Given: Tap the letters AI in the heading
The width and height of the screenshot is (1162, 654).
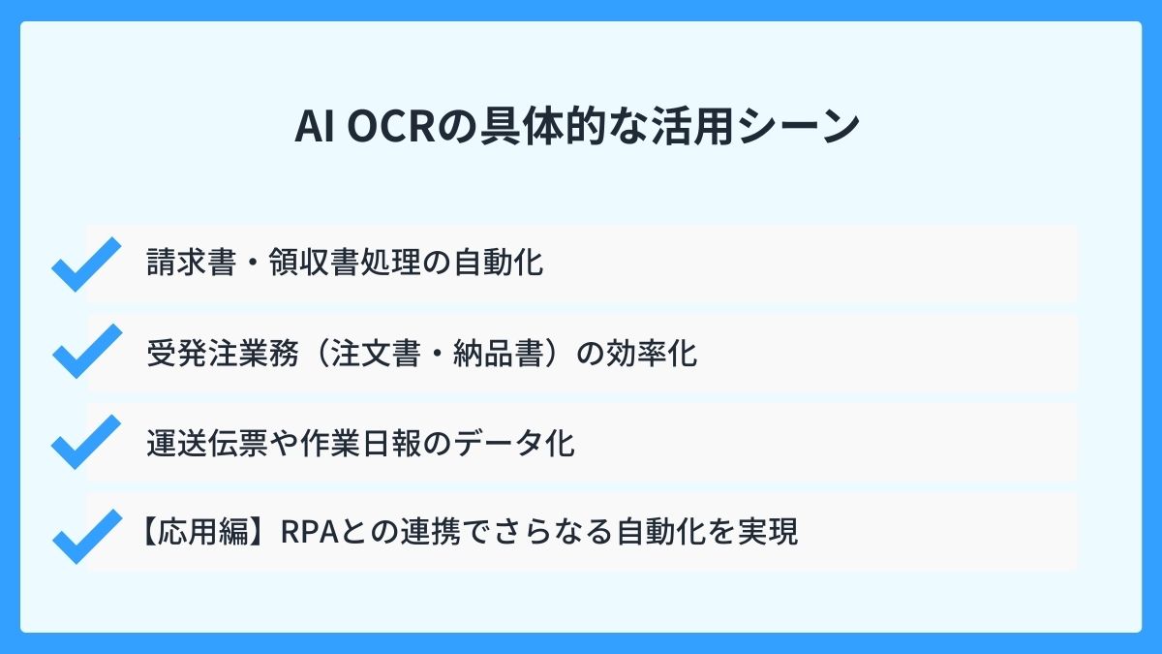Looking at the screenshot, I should pyautogui.click(x=313, y=128).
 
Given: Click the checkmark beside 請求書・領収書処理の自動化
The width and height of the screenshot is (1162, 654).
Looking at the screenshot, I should pyautogui.click(x=85, y=264).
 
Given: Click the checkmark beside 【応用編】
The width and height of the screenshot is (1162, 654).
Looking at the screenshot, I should pyautogui.click(x=85, y=535).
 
